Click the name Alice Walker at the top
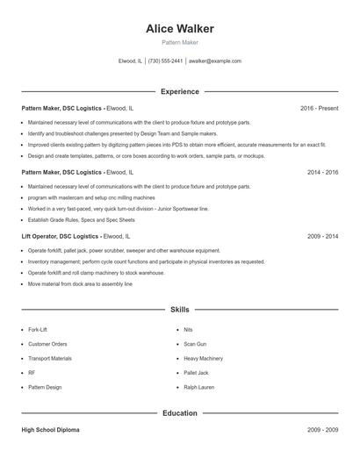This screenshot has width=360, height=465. point(180,29)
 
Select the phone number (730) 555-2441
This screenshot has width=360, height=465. point(165,61)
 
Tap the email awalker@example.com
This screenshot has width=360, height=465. point(214,61)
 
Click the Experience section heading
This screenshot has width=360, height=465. point(180,91)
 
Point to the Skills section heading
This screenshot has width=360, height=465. point(180,310)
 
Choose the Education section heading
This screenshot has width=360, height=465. point(180,412)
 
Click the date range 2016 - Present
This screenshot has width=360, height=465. point(319,108)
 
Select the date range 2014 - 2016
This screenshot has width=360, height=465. point(322,172)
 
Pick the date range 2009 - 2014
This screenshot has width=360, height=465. point(322,236)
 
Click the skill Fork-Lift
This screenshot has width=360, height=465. point(39,329)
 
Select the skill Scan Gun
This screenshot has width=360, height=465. point(195,344)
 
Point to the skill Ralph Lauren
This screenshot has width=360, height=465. point(198,387)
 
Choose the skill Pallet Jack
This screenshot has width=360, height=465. point(197,373)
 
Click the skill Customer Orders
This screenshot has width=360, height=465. point(47,344)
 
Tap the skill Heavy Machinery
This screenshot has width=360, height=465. point(203,358)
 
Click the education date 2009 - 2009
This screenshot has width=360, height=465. point(322,430)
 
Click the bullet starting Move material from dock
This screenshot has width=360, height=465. point(80,283)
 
